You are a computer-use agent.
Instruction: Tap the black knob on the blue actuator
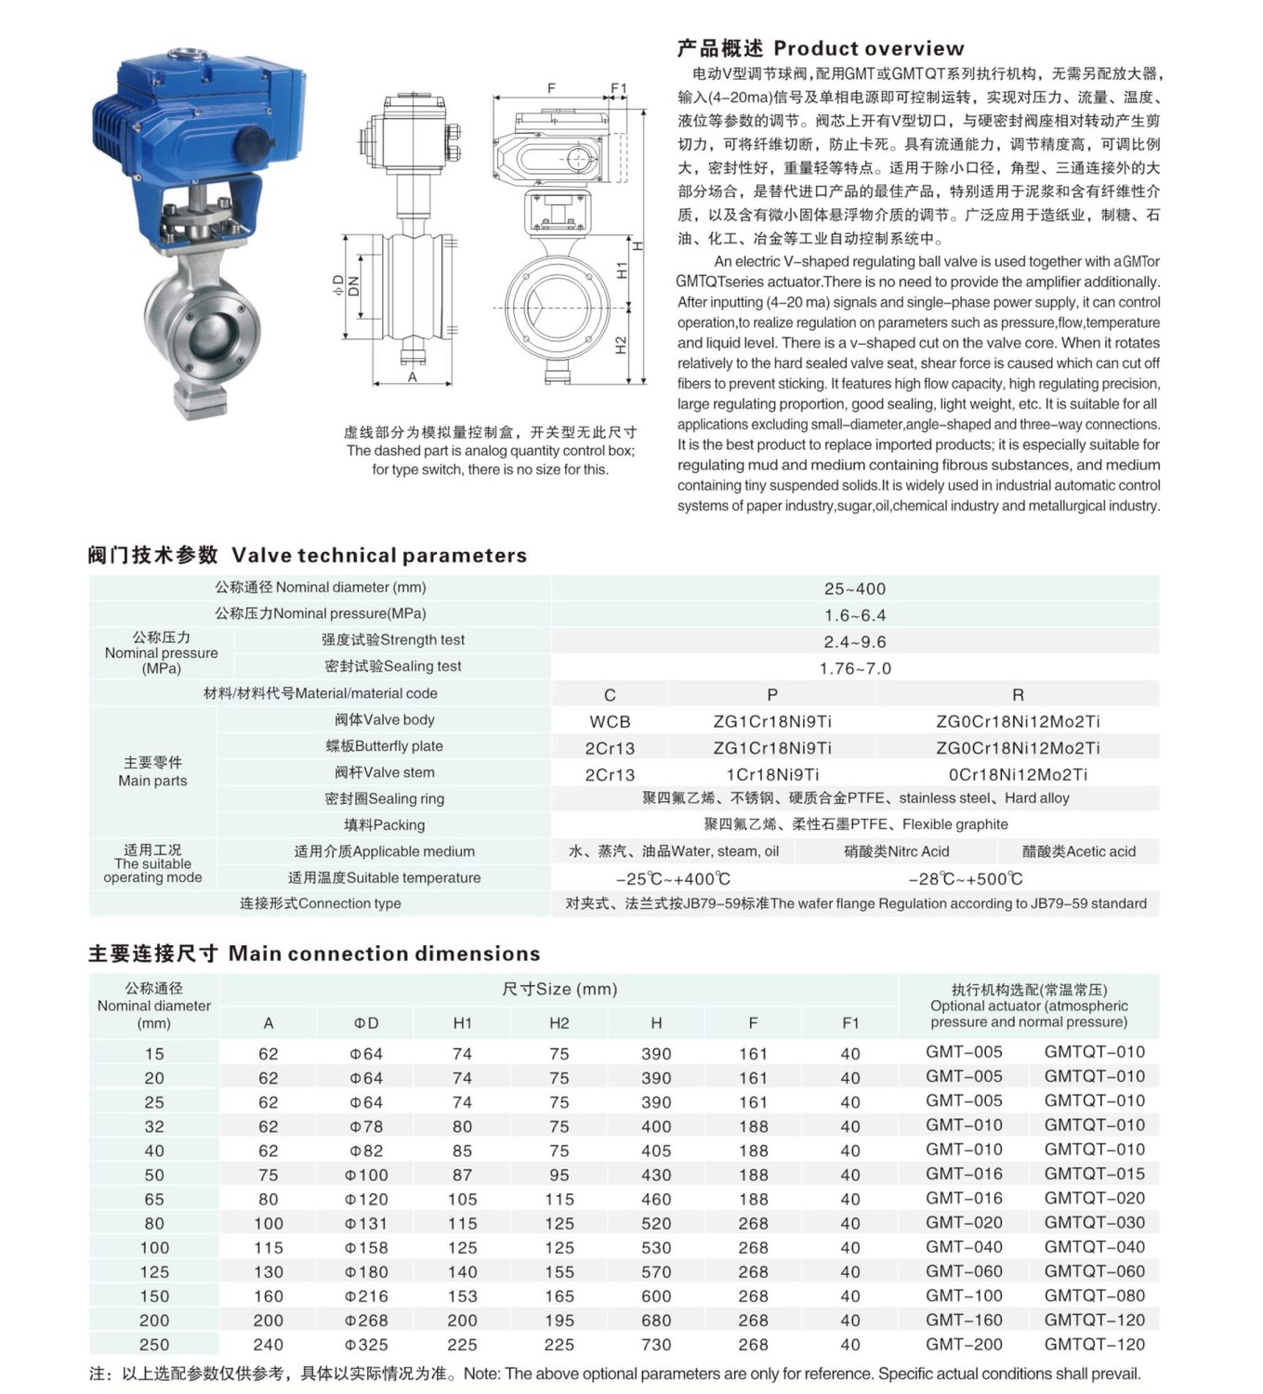pos(254,145)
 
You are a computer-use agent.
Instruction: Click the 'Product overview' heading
pos(821,48)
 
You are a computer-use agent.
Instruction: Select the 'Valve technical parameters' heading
pos(308,555)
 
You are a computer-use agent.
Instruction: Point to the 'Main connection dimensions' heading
pos(314,953)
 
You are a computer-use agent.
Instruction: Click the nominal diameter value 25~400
pos(854,588)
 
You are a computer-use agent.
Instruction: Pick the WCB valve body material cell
pos(610,721)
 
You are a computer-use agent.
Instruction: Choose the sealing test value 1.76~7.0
pos(854,668)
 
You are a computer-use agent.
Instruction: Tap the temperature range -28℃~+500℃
pos(965,878)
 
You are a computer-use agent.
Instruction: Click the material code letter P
pos(771,694)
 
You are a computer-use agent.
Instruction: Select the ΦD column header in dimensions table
pos(366,1023)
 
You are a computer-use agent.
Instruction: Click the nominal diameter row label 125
pos(154,1272)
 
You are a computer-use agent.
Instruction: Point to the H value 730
pos(656,1345)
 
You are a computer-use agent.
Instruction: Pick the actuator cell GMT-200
pos(964,1344)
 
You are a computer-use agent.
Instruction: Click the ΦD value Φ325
pos(366,1345)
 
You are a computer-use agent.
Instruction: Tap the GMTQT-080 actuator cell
pos(1094,1295)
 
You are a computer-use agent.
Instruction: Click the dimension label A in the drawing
pos(413,377)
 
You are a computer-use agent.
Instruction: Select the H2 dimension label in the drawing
pos(622,346)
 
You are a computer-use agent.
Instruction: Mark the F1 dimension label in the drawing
pos(619,89)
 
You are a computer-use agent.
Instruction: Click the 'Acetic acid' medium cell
pos(1078,851)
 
